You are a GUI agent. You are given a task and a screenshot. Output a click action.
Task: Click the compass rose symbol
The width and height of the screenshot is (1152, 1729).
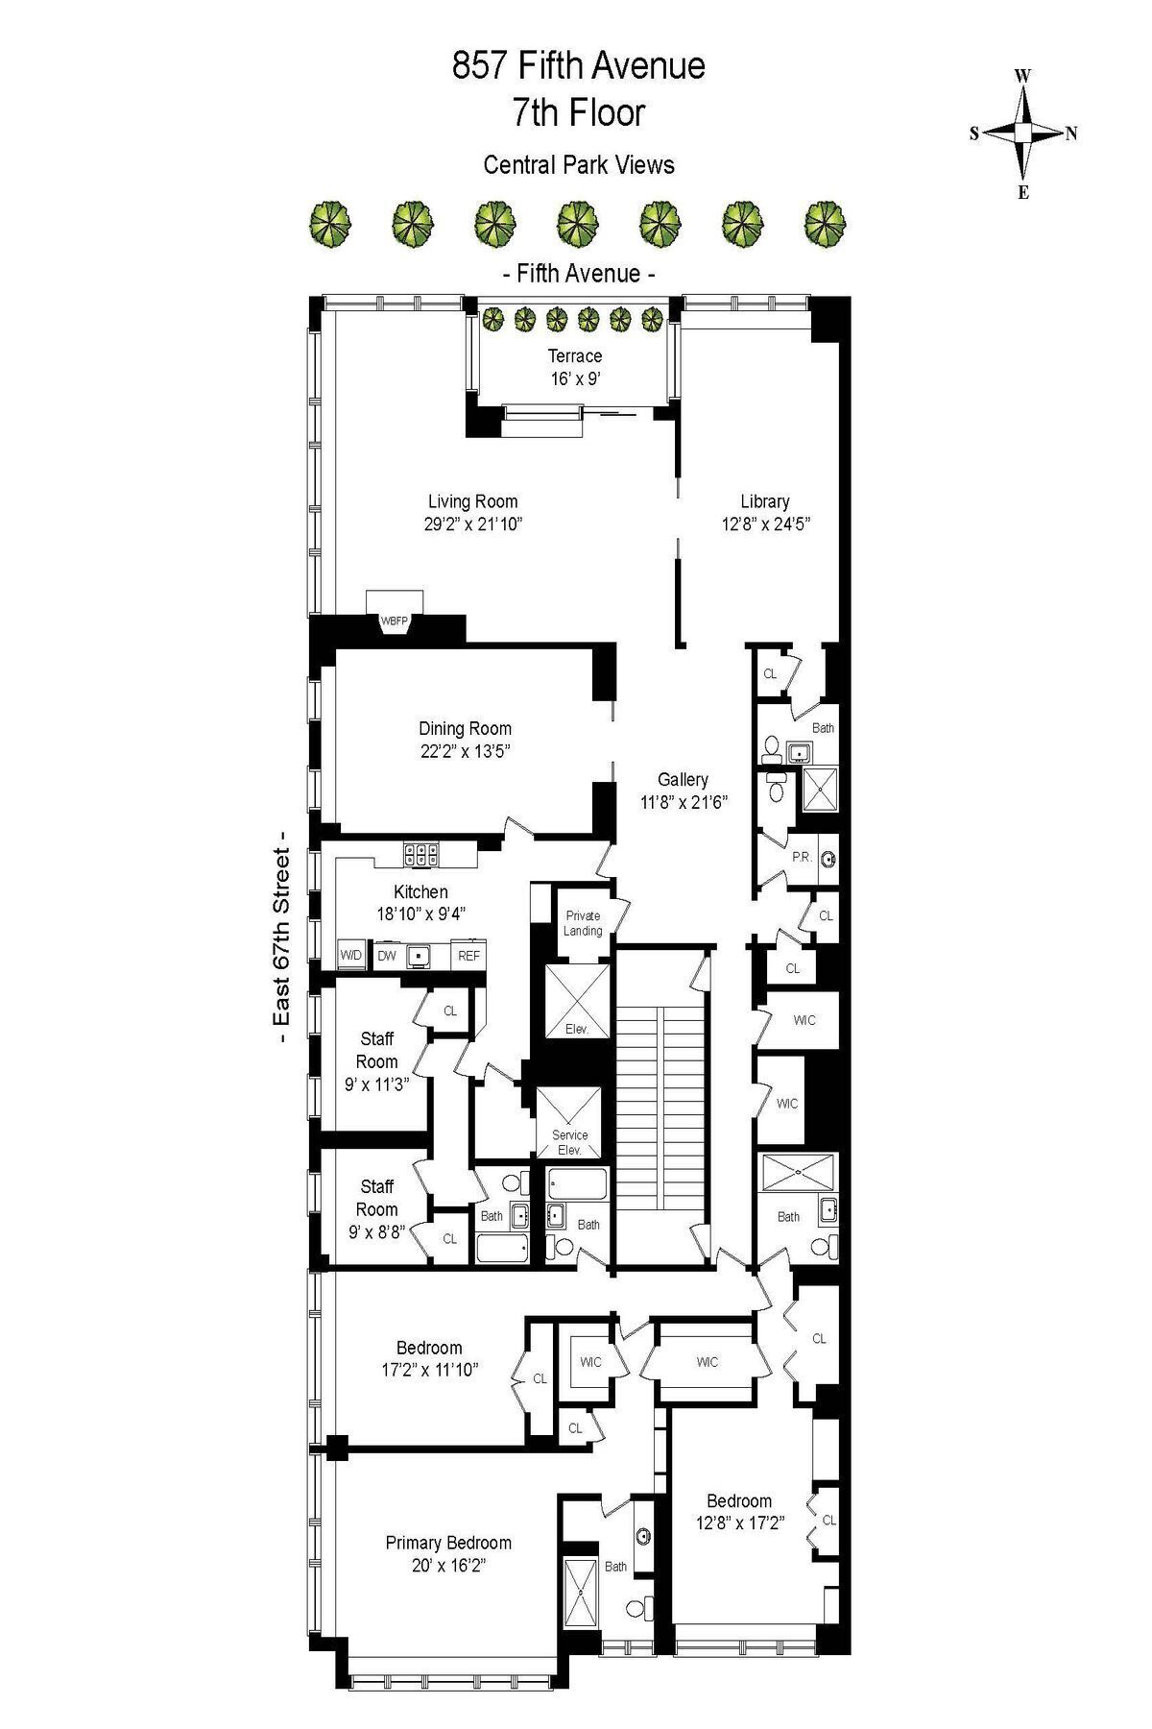click(x=1023, y=133)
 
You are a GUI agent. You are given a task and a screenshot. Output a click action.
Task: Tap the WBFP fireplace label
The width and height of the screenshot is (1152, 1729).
click(x=395, y=621)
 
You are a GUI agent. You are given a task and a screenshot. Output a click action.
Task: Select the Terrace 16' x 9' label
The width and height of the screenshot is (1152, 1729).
click(x=575, y=367)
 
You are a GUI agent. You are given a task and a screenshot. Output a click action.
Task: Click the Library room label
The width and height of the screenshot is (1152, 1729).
click(x=765, y=501)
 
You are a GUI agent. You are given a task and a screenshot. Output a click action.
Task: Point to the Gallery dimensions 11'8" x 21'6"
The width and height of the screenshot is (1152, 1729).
click(x=684, y=803)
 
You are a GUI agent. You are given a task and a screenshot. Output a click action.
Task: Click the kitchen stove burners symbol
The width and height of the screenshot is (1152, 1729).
click(x=421, y=851)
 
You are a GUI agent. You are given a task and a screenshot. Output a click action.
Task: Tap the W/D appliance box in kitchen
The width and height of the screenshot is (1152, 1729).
click(x=350, y=955)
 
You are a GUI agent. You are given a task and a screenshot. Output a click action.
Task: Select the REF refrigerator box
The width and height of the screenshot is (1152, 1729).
click(x=468, y=955)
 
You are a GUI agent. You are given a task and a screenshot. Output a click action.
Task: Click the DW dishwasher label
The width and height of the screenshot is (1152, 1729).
click(x=386, y=955)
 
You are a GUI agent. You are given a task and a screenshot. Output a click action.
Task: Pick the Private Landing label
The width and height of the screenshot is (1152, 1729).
click(x=583, y=923)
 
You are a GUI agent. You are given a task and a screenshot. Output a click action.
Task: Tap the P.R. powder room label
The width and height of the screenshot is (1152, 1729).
click(x=802, y=856)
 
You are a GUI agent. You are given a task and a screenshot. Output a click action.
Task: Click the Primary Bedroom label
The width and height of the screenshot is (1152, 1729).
click(x=448, y=1543)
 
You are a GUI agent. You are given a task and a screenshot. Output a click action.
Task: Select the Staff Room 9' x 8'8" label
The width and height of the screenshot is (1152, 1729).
click(x=376, y=1208)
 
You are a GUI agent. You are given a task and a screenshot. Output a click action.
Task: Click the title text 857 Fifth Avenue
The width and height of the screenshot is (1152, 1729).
click(x=578, y=66)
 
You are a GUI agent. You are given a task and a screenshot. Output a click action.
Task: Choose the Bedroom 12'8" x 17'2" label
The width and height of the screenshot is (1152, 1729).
click(x=739, y=1511)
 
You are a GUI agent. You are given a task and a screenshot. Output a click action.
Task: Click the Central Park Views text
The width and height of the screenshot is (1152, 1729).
click(x=578, y=165)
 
